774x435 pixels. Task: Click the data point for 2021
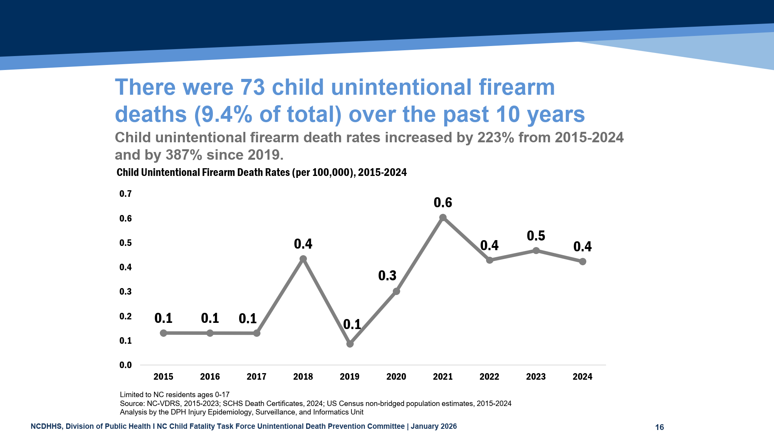(x=443, y=218)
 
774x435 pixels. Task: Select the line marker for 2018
(x=303, y=259)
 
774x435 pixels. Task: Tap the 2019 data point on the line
(x=350, y=344)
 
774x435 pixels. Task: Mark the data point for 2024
(x=582, y=262)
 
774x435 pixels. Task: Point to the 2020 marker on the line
(x=396, y=291)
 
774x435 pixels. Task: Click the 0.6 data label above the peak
(x=443, y=203)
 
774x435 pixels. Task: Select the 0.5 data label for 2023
(x=536, y=236)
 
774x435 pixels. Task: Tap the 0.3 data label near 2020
(x=387, y=276)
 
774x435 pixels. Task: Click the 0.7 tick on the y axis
(x=125, y=194)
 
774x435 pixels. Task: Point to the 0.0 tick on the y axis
(x=125, y=365)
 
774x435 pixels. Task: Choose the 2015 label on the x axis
(x=163, y=377)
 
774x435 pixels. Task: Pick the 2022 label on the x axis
(x=489, y=377)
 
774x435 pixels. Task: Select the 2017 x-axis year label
(x=256, y=377)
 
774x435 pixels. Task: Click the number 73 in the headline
(x=252, y=87)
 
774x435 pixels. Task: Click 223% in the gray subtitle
(x=496, y=138)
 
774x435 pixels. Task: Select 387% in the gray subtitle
(x=184, y=155)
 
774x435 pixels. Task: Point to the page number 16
(x=659, y=427)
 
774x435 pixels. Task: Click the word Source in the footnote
(x=131, y=404)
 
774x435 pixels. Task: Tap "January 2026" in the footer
(x=433, y=426)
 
